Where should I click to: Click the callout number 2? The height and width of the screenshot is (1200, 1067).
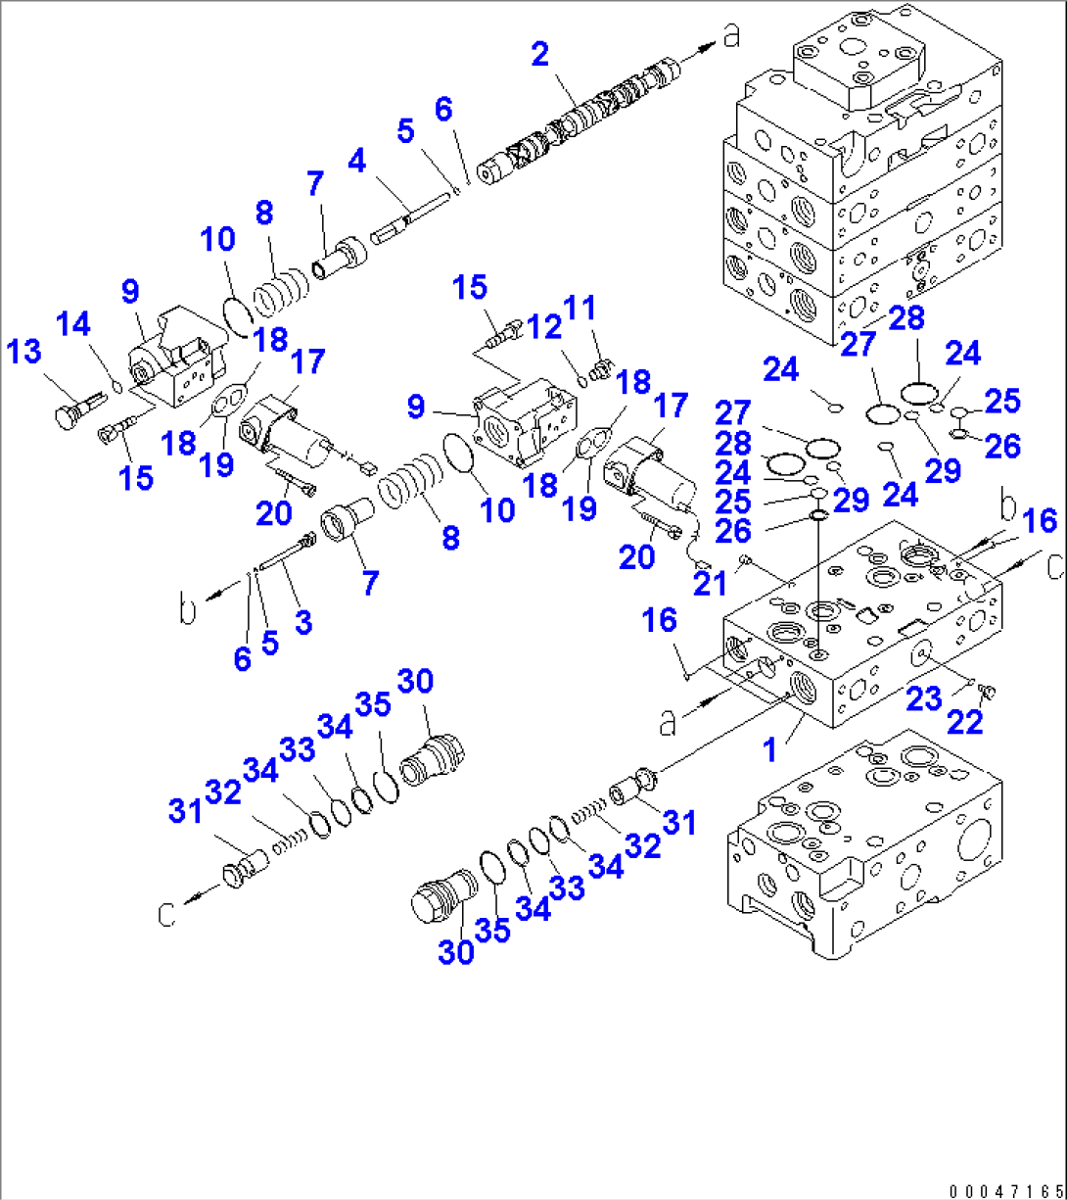point(539,54)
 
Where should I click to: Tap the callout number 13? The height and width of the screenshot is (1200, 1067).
point(23,351)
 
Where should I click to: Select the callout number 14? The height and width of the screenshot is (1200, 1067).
point(73,323)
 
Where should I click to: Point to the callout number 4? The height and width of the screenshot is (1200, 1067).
point(357,161)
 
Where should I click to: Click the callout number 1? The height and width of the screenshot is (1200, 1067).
point(769,750)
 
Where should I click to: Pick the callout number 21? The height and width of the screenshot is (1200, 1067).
point(710,584)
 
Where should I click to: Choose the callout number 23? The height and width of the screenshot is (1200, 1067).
point(924,698)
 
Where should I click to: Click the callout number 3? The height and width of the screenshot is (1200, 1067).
point(303,622)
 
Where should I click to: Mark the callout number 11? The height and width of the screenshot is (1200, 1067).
point(580,308)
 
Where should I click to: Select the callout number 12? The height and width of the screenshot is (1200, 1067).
point(544,326)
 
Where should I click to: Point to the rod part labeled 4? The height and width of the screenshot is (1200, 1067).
point(408,218)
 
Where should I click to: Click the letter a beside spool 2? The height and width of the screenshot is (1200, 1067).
point(732,35)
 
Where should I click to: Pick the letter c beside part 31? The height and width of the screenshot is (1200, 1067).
point(167,915)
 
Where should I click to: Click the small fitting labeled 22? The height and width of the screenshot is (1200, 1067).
point(987,691)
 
